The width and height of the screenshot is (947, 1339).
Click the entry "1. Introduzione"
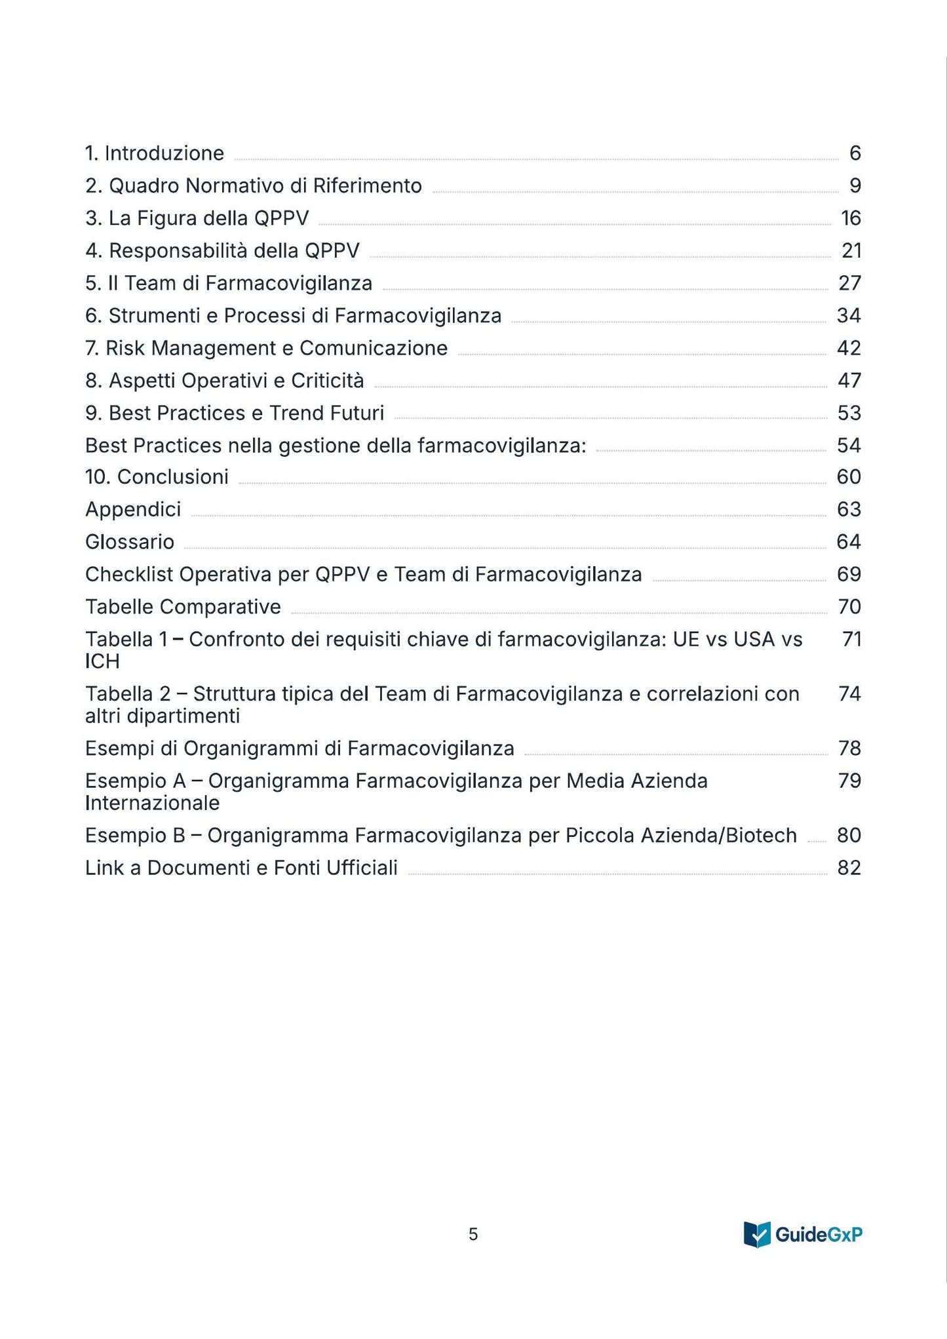pos(155,153)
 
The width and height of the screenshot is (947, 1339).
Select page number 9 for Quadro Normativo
pos(855,186)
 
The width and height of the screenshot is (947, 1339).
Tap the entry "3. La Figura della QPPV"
pos(197,218)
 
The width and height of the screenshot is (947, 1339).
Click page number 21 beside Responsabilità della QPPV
pos(851,250)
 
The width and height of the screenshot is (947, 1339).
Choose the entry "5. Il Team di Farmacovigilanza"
pos(229,283)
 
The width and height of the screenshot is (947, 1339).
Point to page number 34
pos(849,316)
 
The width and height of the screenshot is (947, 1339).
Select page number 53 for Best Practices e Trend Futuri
pos(849,413)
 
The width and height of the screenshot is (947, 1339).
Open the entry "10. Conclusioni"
pos(157,477)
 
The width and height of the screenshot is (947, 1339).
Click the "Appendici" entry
pos(133,509)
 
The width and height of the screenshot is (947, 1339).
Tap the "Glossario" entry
pos(130,542)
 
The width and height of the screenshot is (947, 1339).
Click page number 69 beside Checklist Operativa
pos(849,575)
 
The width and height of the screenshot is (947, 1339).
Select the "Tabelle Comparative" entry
pos(183,607)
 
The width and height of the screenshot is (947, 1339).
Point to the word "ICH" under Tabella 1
pos(102,662)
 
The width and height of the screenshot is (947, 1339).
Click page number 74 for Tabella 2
pos(849,693)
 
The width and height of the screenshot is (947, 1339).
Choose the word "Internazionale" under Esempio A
pos(152,803)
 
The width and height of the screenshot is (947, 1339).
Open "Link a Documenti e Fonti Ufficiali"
pos(241,868)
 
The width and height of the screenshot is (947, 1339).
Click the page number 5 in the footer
pos(473,1235)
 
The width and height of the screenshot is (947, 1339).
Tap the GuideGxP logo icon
pos(758,1234)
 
